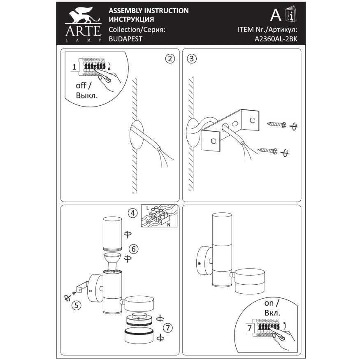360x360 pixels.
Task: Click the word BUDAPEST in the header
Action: point(125,39)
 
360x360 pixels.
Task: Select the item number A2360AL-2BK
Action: point(276,39)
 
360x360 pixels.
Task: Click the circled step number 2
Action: point(170,58)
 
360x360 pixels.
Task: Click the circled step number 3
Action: point(192,58)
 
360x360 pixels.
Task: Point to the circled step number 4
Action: point(133,213)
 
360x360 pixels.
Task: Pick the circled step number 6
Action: point(133,249)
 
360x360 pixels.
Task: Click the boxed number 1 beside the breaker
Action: point(74,67)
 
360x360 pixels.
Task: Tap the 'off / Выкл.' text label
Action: point(87,90)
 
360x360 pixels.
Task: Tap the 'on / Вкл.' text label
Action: point(272,308)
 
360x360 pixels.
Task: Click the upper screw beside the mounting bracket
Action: point(276,125)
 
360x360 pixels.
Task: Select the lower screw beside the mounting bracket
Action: point(268,151)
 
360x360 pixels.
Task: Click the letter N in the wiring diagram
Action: point(169,225)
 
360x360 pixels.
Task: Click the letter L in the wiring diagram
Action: point(148,208)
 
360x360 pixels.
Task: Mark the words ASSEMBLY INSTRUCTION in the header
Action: point(149,11)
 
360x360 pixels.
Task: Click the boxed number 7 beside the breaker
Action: point(250,328)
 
